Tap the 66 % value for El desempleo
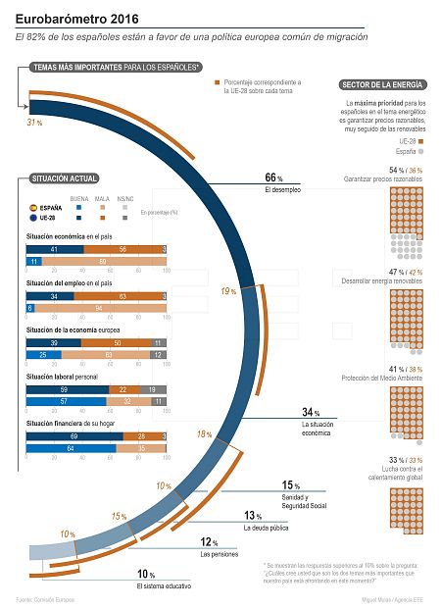274,178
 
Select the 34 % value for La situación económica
311,413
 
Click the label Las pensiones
219,555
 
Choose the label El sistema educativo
164,586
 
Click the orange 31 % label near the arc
34,123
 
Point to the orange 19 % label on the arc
227,291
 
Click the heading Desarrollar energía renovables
383,282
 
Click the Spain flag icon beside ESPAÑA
32,208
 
